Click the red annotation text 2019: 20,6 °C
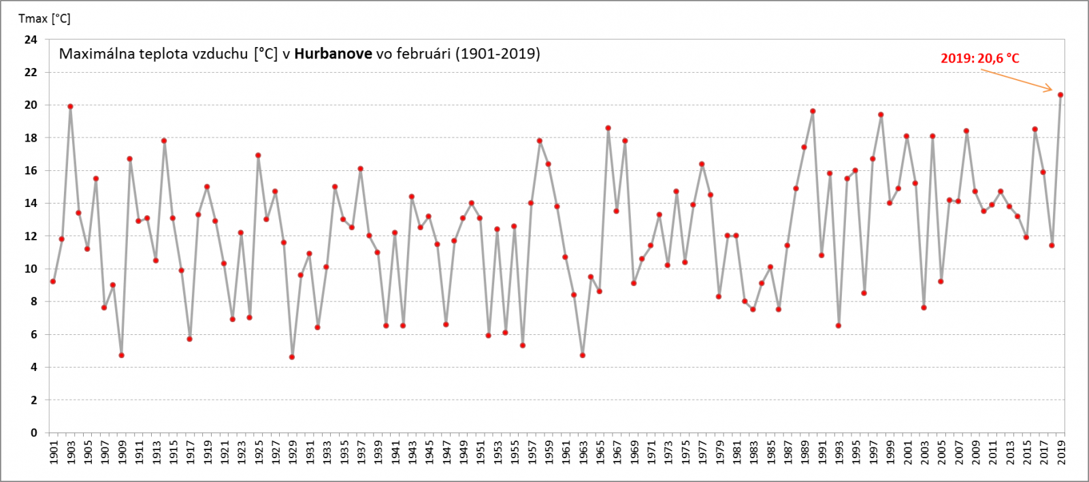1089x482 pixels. [x=979, y=59]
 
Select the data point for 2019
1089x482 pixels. [x=1060, y=95]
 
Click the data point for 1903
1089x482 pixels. [x=70, y=106]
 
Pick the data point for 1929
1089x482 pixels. [x=292, y=357]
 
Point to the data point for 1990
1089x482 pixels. [x=813, y=111]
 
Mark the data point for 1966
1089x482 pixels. [x=608, y=128]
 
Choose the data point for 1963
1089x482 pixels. [x=583, y=355]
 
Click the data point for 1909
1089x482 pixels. [x=121, y=355]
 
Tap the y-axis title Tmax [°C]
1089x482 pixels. [x=44, y=18]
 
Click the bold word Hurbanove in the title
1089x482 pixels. [x=333, y=54]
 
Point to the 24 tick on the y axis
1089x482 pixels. [x=31, y=39]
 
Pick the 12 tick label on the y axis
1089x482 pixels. [x=31, y=236]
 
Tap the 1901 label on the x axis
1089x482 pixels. [x=54, y=453]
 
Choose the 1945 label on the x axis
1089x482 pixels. [x=429, y=453]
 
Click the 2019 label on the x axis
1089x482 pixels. [x=1061, y=453]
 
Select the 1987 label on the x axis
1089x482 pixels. [x=787, y=453]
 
